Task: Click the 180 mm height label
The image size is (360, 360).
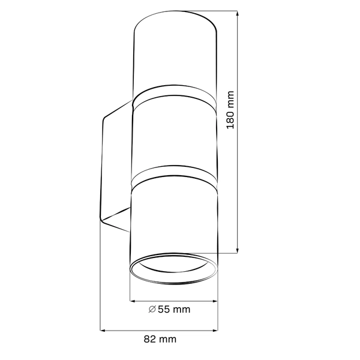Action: tap(231, 112)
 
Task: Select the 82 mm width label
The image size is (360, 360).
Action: tap(160, 339)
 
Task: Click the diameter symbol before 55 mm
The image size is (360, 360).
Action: tap(152, 310)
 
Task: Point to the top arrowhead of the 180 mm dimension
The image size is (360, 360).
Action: tap(239, 13)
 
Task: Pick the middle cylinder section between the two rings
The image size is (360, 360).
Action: tap(173, 141)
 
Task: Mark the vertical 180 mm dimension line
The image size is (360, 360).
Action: tap(239, 180)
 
